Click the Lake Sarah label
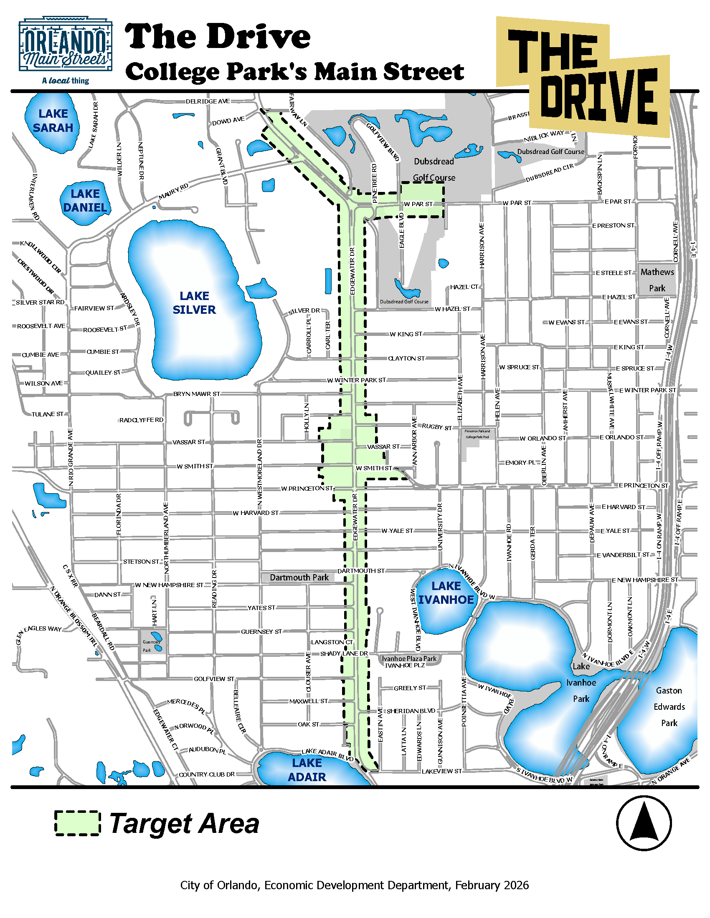pyautogui.click(x=53, y=121)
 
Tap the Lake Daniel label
pyautogui.click(x=85, y=200)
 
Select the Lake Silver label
pyautogui.click(x=194, y=303)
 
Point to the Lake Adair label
pyautogui.click(x=307, y=770)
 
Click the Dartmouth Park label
pyautogui.click(x=299, y=578)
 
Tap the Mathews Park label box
pyautogui.click(x=657, y=280)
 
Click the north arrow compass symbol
pyautogui.click(x=644, y=823)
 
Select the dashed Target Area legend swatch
pyautogui.click(x=77, y=823)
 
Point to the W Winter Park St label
pyautogui.click(x=356, y=380)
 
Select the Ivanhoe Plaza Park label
pyautogui.click(x=409, y=658)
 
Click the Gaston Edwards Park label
pyautogui.click(x=669, y=706)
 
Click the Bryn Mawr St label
pyautogui.click(x=196, y=394)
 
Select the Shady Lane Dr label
pyautogui.click(x=344, y=653)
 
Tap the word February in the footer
pyautogui.click(x=476, y=885)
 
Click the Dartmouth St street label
pyautogui.click(x=361, y=571)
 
